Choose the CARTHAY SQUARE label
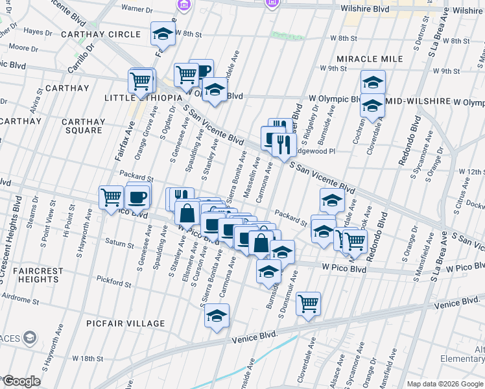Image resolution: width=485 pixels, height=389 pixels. click(x=83, y=126)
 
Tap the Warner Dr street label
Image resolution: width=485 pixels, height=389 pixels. click(x=136, y=10)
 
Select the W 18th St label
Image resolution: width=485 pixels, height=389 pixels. click(x=88, y=359)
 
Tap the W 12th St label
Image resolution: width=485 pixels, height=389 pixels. click(x=471, y=172)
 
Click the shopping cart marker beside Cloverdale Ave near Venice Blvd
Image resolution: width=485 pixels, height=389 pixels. click(x=309, y=303)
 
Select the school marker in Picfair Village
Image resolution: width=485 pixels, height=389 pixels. click(x=217, y=316)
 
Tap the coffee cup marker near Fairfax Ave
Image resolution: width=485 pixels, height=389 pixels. click(x=137, y=196)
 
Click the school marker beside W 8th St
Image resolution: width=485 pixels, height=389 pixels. click(x=163, y=34)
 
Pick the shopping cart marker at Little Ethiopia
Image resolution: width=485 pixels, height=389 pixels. click(x=141, y=81)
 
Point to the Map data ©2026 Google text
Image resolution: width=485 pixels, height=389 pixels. click(x=445, y=384)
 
